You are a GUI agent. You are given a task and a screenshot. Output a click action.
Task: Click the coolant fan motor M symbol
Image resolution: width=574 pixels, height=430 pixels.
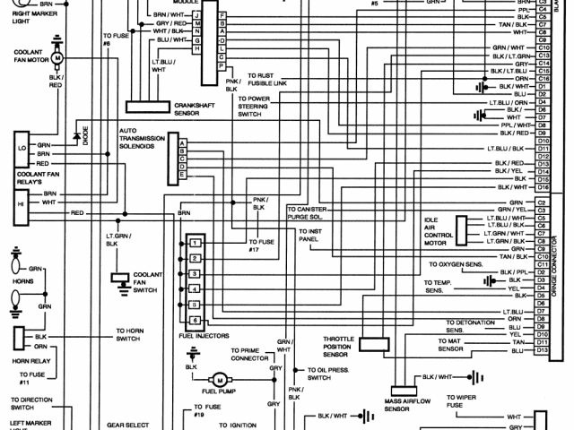click(x=57, y=58)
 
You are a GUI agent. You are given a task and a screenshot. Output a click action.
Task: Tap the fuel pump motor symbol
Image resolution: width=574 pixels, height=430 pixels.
click(x=218, y=382)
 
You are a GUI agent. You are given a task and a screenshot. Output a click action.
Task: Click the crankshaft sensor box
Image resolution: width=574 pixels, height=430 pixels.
click(x=155, y=106)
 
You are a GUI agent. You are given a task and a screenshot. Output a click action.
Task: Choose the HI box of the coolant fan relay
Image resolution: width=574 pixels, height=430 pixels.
click(x=20, y=203)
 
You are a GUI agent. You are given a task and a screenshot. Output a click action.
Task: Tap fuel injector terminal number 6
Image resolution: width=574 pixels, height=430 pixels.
click(x=194, y=320)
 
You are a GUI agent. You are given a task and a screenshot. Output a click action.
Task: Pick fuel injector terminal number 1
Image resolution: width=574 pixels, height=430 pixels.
click(x=194, y=243)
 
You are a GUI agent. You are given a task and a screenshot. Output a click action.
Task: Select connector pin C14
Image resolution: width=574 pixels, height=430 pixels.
click(x=543, y=64)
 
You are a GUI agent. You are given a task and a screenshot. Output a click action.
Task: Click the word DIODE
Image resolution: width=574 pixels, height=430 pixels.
click(x=86, y=137)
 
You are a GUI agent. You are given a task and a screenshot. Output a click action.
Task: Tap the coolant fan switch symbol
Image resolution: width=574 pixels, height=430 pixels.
click(x=118, y=279)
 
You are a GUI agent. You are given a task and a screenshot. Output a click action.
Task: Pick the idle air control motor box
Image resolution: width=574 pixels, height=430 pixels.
click(x=463, y=230)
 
